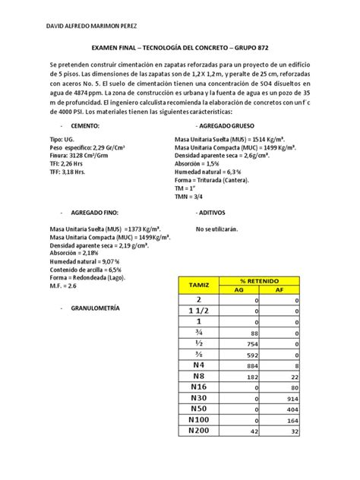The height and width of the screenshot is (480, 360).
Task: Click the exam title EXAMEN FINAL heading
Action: click(179, 46)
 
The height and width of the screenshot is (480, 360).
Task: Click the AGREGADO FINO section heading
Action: click(93, 214)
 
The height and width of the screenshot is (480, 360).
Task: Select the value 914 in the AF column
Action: click(305, 398)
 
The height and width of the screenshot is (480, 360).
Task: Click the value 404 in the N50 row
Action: click(305, 409)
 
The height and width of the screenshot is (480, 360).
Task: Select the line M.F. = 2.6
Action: click(65, 286)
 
